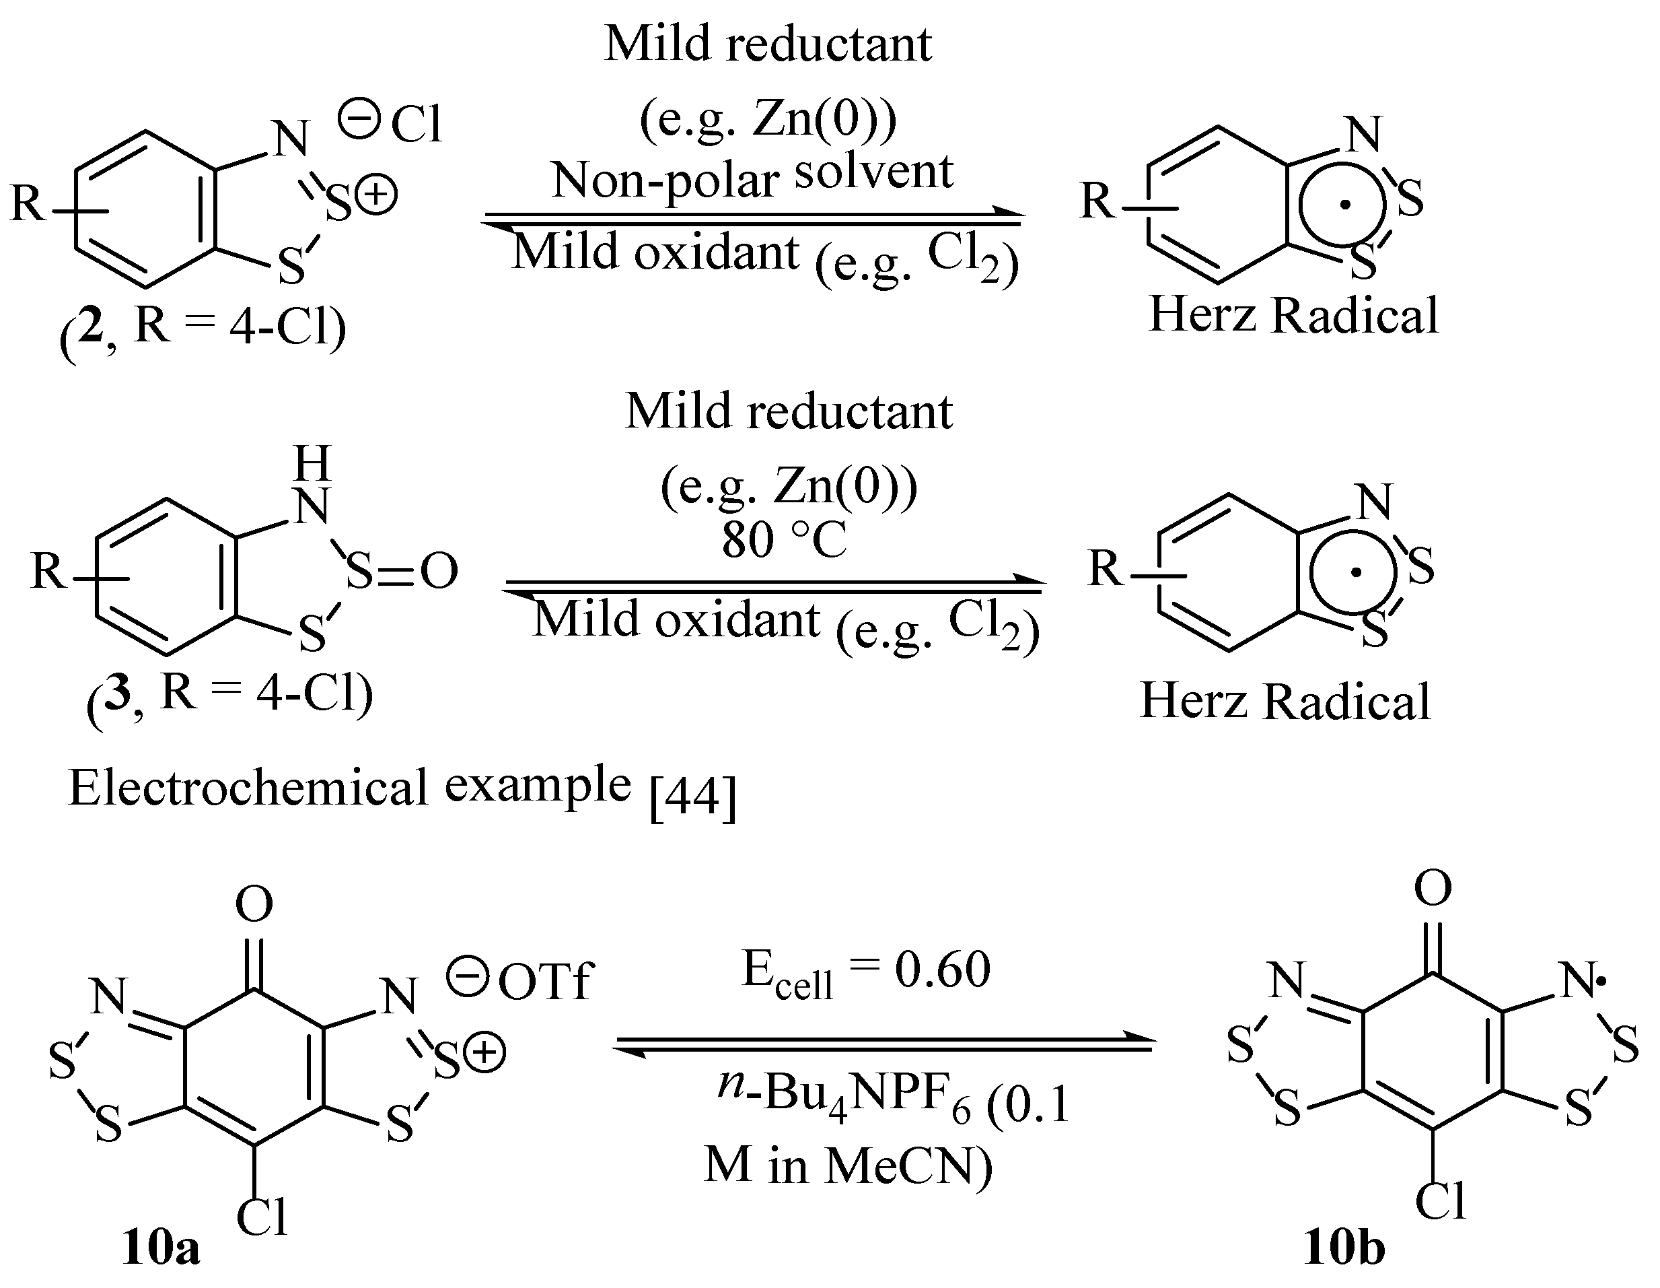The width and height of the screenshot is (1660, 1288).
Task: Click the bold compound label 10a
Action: tap(160, 1248)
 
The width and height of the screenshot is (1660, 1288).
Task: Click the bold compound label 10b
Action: tap(1344, 1248)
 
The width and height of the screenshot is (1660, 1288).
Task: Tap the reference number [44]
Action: tap(693, 799)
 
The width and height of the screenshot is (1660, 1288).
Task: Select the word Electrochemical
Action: tap(248, 788)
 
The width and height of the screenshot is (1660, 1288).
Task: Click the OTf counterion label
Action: tap(544, 982)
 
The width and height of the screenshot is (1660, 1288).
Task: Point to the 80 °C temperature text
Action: tap(784, 541)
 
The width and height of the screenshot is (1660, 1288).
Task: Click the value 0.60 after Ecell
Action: tap(943, 970)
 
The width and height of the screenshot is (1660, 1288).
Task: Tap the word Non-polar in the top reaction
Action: tap(665, 181)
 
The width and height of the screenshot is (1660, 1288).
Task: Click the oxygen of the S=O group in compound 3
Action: tap(439, 571)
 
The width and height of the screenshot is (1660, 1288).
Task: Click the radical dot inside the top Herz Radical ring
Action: tap(1345, 204)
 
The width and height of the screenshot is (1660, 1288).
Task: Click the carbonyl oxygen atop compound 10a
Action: tap(254, 904)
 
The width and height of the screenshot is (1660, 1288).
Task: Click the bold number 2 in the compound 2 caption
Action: tap(90, 329)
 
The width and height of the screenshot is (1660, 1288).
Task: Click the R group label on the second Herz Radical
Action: tap(1105, 568)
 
